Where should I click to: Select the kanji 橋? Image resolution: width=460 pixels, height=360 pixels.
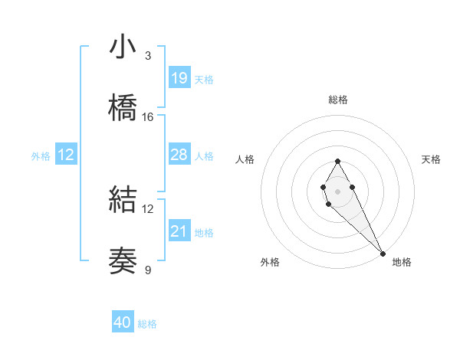click(x=123, y=108)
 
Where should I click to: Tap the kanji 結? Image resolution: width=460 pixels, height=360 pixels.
click(x=123, y=200)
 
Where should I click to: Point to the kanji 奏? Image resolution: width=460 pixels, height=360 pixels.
click(x=123, y=261)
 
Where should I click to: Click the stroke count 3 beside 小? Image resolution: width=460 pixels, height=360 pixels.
click(x=148, y=55)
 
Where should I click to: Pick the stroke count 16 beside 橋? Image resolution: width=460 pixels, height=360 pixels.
click(x=148, y=117)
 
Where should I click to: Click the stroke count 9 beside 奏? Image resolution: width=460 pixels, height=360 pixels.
click(x=148, y=270)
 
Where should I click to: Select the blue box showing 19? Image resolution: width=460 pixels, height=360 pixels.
click(x=179, y=78)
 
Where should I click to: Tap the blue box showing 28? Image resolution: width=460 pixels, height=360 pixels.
click(x=179, y=155)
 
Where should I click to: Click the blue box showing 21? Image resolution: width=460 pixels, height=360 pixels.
click(x=179, y=231)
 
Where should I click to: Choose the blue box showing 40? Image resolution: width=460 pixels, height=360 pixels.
click(x=123, y=322)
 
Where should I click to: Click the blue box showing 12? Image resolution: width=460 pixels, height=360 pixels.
click(x=66, y=155)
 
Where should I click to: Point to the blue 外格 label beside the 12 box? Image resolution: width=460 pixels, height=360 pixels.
click(x=41, y=156)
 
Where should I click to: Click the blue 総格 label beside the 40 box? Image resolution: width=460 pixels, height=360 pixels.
click(x=147, y=324)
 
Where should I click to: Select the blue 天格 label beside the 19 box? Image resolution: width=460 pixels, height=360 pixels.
click(x=204, y=80)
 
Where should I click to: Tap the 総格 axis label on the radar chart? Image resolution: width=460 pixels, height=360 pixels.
click(x=338, y=100)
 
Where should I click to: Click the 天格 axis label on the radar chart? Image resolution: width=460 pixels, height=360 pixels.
click(x=431, y=159)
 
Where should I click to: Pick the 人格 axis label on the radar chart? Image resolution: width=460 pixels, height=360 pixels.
click(x=245, y=159)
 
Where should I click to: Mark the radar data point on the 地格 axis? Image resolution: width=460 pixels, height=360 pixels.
click(x=383, y=252)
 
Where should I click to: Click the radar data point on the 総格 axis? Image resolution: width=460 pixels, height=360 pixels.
click(x=337, y=161)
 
